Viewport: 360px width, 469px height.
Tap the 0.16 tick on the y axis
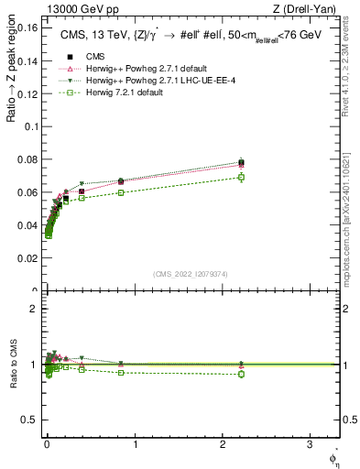point(27,27)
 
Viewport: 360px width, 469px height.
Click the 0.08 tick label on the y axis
point(27,159)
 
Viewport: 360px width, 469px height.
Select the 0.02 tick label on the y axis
point(27,259)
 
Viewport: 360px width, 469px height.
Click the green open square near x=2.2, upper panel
point(241,177)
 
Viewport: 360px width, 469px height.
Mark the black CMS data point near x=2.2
point(241,162)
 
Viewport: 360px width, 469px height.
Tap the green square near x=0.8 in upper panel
point(120,192)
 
